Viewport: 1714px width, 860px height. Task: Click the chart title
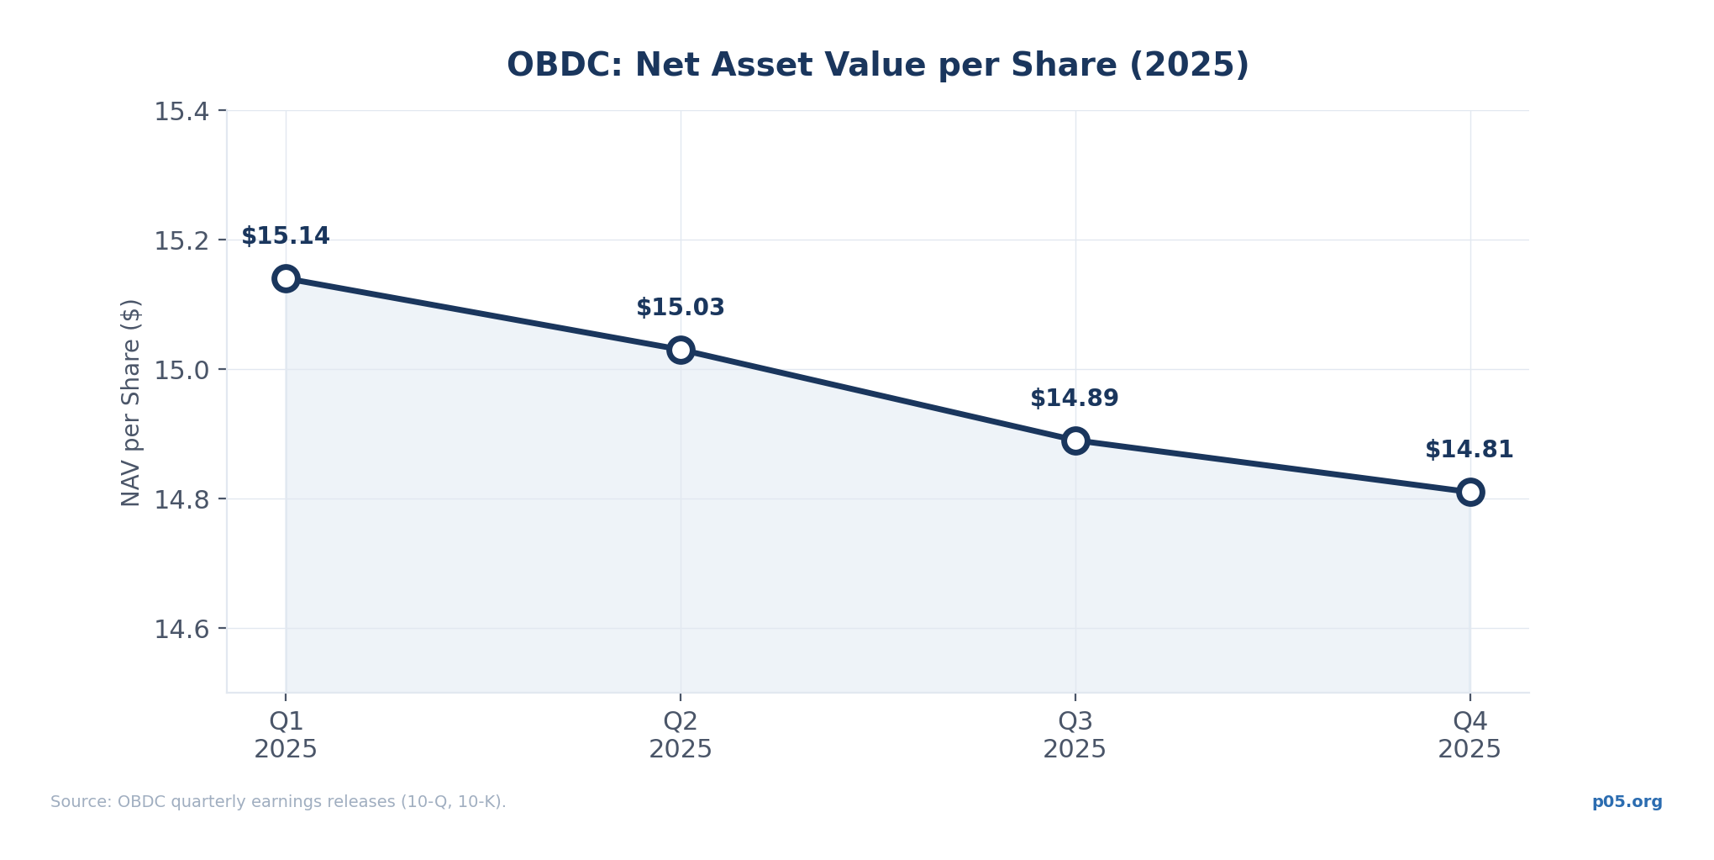(878, 66)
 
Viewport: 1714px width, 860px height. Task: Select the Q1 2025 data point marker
(286, 278)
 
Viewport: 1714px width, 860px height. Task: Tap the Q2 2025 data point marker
(681, 350)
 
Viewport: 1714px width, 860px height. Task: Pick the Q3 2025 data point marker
(1075, 441)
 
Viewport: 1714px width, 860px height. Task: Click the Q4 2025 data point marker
(1470, 492)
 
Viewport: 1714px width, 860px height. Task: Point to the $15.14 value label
(286, 236)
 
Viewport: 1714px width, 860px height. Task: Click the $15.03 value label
(681, 308)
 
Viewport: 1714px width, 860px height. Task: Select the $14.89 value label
(1075, 398)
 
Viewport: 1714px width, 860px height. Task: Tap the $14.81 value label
(1470, 450)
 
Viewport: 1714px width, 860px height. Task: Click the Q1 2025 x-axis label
(286, 735)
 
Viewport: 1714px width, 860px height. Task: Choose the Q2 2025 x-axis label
(681, 735)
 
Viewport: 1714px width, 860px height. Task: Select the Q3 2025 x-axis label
(1075, 735)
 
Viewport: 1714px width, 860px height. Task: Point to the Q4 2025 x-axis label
(1470, 735)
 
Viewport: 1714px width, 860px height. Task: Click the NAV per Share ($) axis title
(131, 402)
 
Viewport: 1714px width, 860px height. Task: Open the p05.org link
(1627, 802)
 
